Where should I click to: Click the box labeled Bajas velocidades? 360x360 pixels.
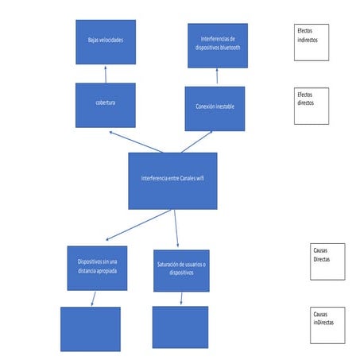click(105, 42)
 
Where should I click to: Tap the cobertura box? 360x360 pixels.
click(105, 105)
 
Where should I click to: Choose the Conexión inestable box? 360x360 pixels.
click(215, 108)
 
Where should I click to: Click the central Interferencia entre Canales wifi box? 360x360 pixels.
click(172, 180)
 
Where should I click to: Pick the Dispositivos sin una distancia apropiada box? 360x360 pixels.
click(97, 267)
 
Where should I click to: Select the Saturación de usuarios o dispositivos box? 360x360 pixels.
click(180, 270)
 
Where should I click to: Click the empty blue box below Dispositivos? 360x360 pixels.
click(90, 328)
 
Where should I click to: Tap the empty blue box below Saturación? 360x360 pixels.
click(180, 327)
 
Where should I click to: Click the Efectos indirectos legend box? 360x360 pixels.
click(311, 41)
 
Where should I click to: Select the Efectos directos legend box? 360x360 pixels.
click(311, 105)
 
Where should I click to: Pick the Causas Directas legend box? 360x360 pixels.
click(327, 261)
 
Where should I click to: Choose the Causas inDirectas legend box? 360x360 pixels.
click(327, 324)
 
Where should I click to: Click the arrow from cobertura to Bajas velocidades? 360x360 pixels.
click(105, 74)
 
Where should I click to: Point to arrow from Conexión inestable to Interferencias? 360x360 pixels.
click(216, 77)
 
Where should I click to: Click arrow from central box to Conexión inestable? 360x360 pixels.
click(196, 142)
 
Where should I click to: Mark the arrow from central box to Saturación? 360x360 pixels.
click(176, 228)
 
